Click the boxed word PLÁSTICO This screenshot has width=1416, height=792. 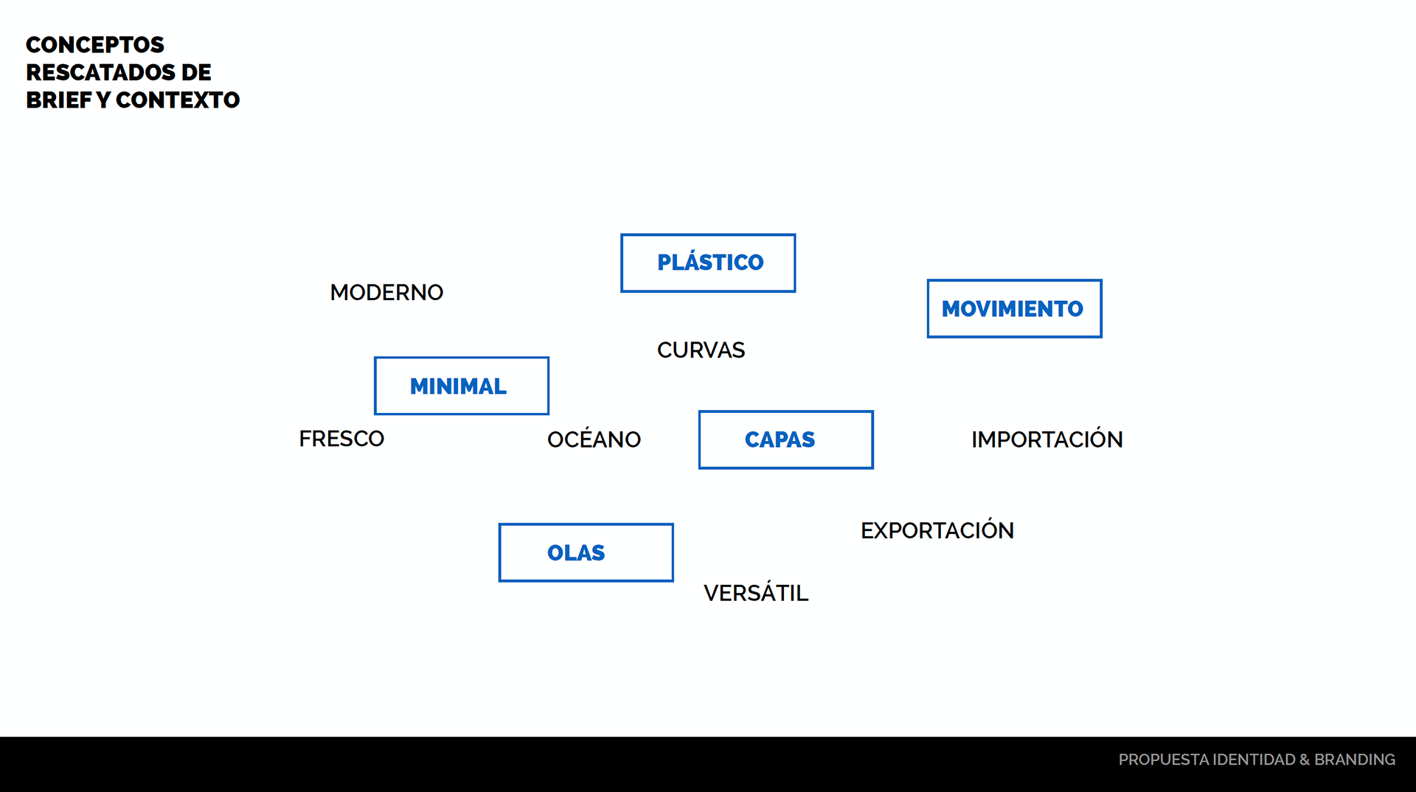708,263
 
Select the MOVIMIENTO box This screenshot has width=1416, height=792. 1014,309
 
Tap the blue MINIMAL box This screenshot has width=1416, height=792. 461,386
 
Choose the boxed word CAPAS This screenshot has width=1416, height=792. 785,440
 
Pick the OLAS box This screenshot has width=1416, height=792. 586,553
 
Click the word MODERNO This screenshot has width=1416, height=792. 386,293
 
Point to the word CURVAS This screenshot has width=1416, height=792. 701,350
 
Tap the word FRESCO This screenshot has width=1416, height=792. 341,440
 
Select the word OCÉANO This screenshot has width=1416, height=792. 594,440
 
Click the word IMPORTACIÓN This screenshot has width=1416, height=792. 1047,440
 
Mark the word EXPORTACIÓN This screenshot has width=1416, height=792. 937,531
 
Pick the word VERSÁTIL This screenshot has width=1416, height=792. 756,593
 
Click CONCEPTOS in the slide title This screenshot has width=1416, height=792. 95,45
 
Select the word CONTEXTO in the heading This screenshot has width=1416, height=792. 178,100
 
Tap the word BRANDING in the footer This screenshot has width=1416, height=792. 1355,760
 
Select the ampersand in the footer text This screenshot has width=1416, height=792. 1305,760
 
